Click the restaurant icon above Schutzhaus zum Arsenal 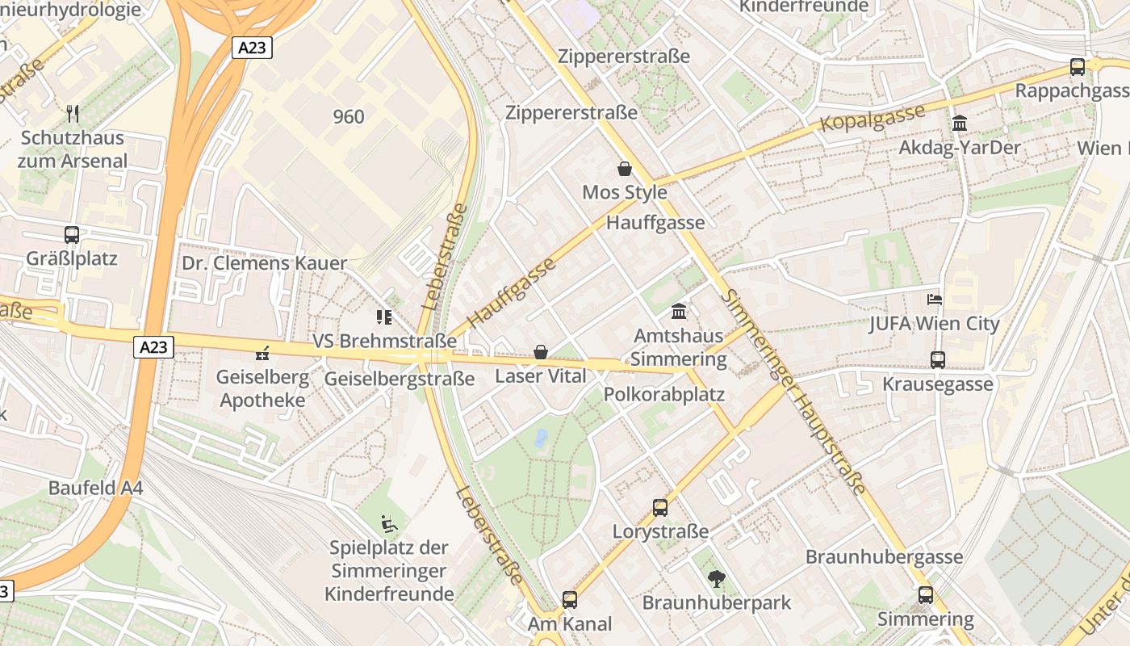(x=73, y=113)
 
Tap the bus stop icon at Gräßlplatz (x=72, y=235)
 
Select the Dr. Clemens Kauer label (x=264, y=263)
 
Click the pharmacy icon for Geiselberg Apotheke (x=262, y=352)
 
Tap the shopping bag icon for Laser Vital (x=540, y=352)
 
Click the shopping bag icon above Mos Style (x=624, y=169)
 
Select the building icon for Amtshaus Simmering (x=679, y=311)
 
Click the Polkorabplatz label (x=664, y=395)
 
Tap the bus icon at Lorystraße (x=660, y=508)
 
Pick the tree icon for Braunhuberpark (x=716, y=578)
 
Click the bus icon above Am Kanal (x=570, y=599)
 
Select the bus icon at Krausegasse (x=937, y=360)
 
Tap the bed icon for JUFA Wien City (x=935, y=300)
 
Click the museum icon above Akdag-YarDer (x=960, y=124)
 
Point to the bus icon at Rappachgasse (x=1078, y=67)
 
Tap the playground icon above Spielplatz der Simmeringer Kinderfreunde (x=389, y=525)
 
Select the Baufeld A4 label (x=95, y=489)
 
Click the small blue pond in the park (x=541, y=438)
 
